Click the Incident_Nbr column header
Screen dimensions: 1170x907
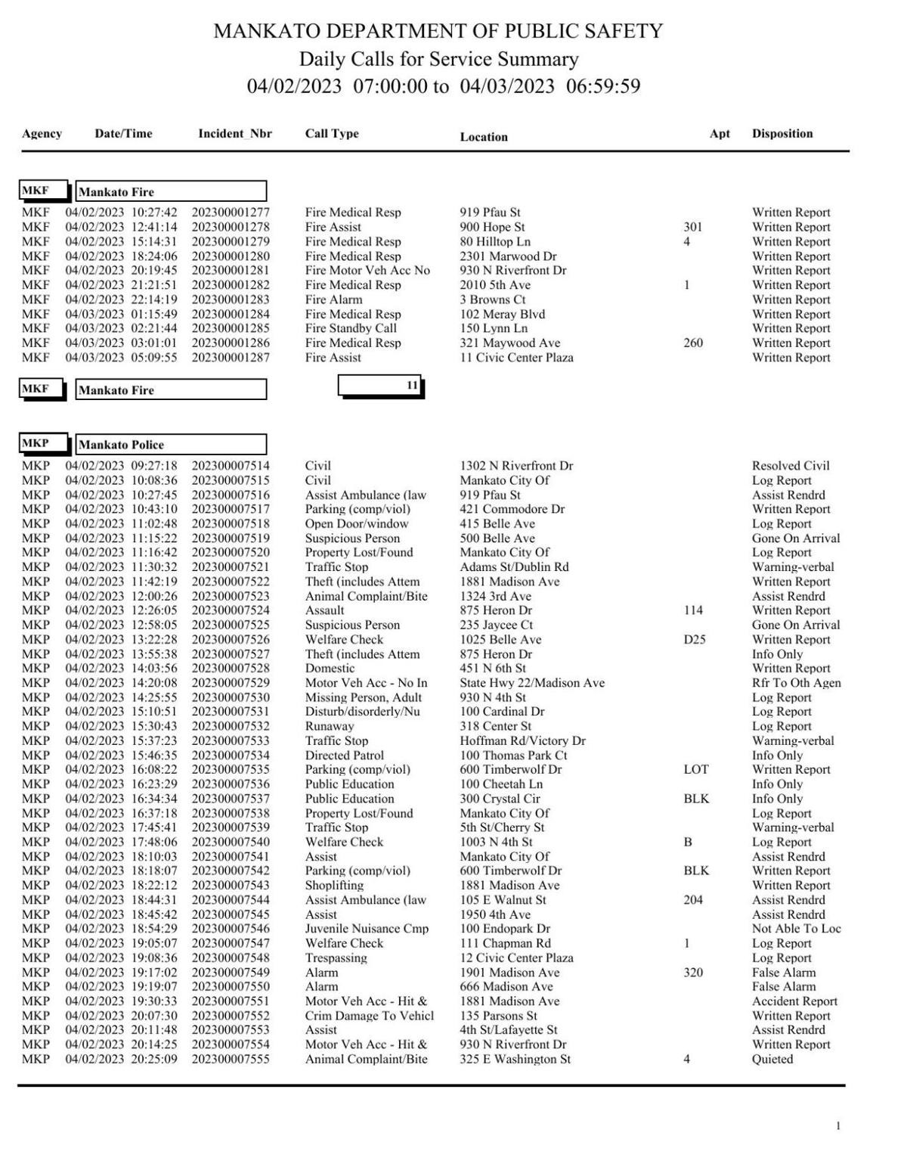point(234,134)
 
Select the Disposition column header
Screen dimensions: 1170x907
point(782,134)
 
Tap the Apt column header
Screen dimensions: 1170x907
point(720,134)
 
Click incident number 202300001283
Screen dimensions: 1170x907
point(231,299)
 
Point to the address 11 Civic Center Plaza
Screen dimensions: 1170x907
point(516,358)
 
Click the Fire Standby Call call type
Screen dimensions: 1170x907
point(351,328)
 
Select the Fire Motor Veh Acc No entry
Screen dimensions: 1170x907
point(367,270)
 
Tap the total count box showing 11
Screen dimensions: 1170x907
point(380,386)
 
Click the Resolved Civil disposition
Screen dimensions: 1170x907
point(791,466)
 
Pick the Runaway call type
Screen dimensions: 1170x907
point(330,726)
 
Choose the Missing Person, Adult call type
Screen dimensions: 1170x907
point(364,697)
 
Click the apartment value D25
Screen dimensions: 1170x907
point(694,639)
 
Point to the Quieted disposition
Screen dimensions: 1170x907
point(772,1059)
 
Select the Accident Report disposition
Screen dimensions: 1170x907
point(794,1001)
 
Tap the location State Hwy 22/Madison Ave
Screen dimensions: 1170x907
point(532,683)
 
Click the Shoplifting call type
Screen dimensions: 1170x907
point(334,885)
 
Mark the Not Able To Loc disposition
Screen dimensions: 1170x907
point(796,929)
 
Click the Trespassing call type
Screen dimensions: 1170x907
point(336,957)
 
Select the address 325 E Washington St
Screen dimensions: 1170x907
point(515,1059)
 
